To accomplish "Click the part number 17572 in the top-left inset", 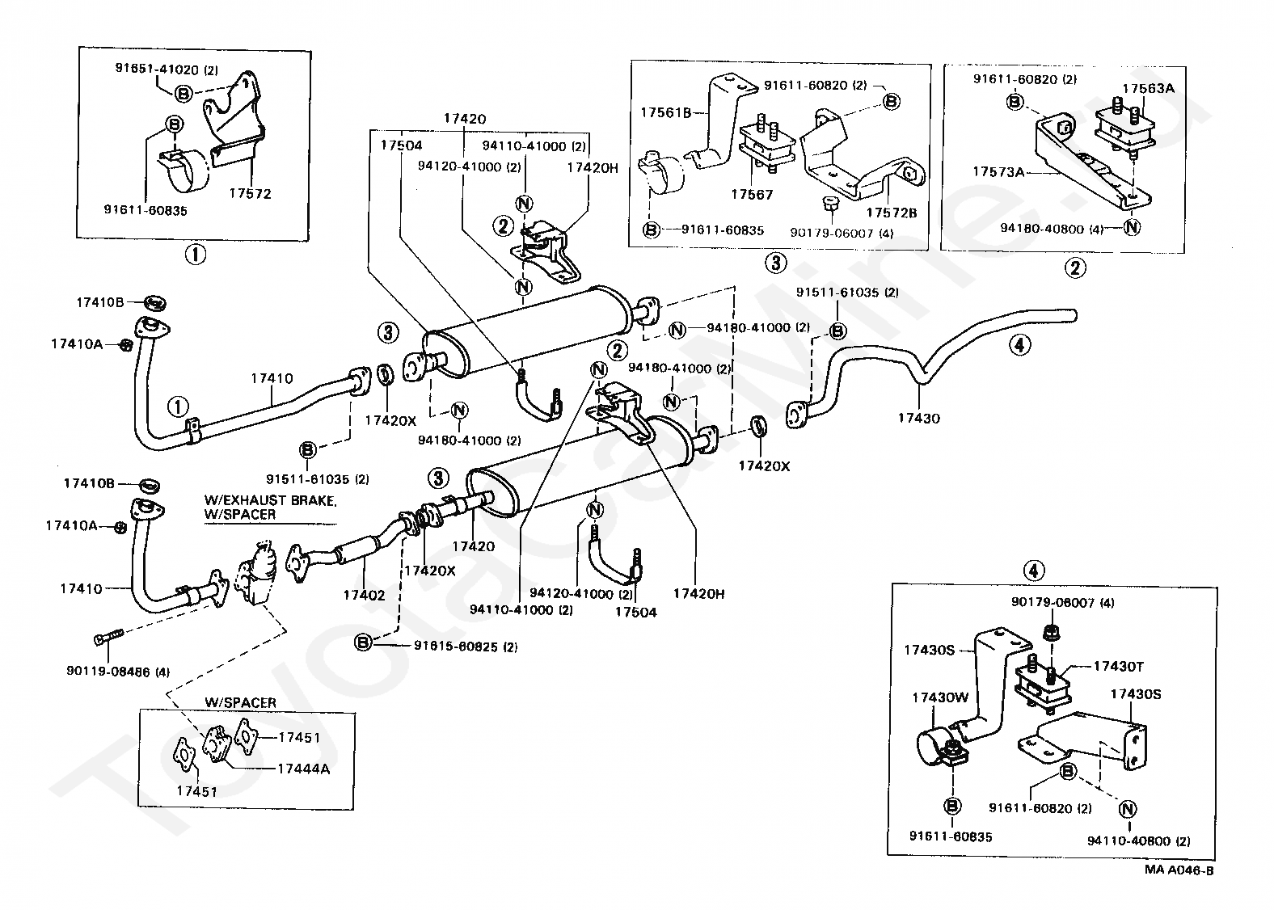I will coord(249,194).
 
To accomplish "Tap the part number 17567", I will coord(752,194).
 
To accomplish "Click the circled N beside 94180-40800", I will coord(1132,228).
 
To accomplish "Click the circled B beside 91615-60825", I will coord(364,643).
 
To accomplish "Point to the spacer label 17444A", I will coord(303,769).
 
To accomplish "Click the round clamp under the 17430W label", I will coord(937,744).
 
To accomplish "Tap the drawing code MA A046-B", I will coord(1179,870).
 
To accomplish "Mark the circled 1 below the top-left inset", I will coord(195,255).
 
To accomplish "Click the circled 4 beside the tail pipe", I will coord(1019,345).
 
